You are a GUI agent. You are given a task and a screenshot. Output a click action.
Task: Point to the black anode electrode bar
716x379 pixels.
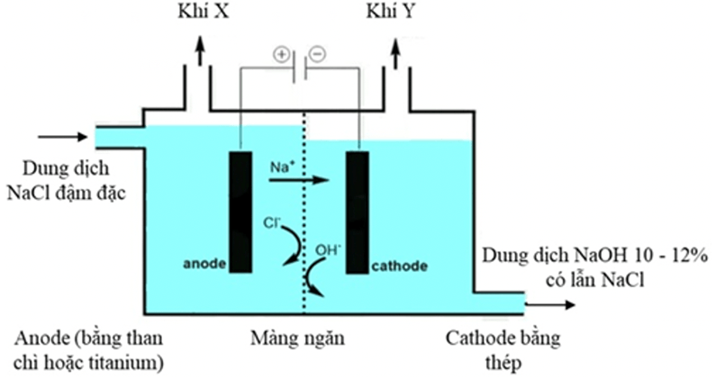(x=240, y=212)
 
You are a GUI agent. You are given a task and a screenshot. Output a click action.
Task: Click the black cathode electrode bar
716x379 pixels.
(x=357, y=212)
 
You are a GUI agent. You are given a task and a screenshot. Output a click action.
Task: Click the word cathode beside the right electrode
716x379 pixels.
(x=398, y=267)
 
